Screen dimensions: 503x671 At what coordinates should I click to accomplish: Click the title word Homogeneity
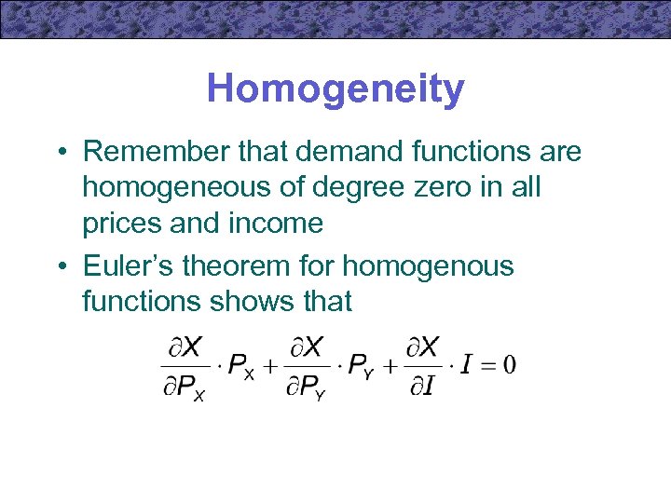tap(335, 89)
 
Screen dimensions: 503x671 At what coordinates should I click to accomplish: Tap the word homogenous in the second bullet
tap(428, 265)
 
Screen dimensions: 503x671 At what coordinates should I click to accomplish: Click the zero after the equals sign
tap(510, 363)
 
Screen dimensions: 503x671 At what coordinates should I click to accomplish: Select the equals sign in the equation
tap(487, 363)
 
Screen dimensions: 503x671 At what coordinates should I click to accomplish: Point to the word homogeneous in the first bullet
tap(180, 187)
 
